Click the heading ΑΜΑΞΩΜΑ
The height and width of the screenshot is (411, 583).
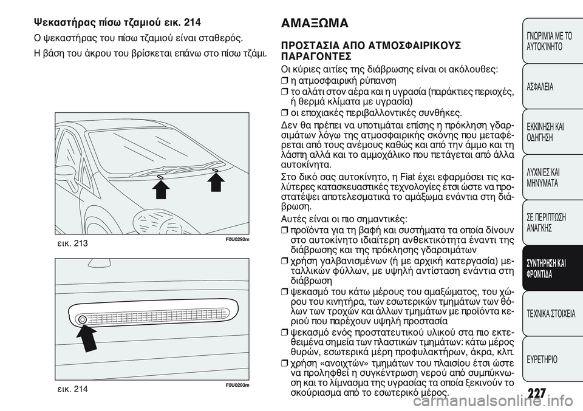315,24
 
